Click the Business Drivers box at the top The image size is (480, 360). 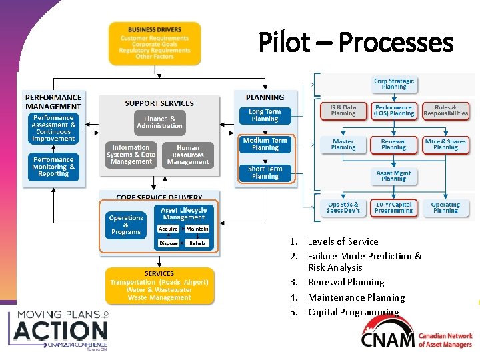[155, 43]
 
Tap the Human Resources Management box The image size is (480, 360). [188, 155]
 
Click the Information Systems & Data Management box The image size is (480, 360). [131, 155]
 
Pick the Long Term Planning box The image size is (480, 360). [265, 115]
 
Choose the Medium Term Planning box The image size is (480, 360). [265, 144]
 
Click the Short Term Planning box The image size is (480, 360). [265, 173]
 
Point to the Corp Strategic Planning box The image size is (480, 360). [393, 84]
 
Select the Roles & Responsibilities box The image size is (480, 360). [445, 111]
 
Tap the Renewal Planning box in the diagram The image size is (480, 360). [393, 144]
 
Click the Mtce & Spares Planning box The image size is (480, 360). [445, 144]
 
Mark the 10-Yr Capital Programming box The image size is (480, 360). [393, 207]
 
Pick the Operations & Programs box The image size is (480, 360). [126, 225]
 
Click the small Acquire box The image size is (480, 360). [168, 229]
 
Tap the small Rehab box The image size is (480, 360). [197, 243]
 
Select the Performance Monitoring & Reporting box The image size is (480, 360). [53, 167]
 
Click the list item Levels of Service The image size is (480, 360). [343, 241]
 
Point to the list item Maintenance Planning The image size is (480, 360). [356, 297]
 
